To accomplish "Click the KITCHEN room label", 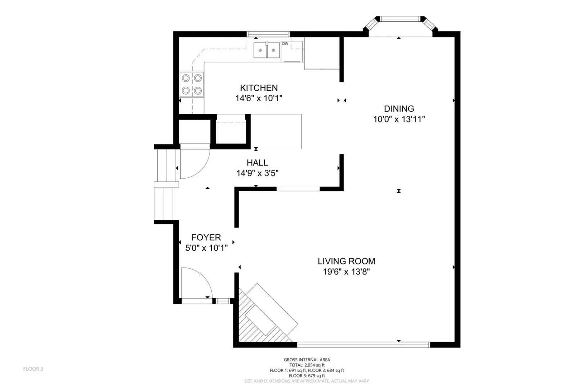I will pos(259,88).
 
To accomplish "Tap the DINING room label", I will pos(399,109).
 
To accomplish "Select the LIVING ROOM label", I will pos(346,261).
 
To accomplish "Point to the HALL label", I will pos(257,163).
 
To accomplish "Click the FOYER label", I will pos(206,237).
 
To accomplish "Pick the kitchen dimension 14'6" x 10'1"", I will pos(259,98).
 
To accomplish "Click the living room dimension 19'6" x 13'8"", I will pos(346,272).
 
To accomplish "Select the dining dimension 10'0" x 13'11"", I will pos(399,119).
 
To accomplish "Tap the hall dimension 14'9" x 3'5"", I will pos(257,173).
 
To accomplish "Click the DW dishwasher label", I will pos(285,44).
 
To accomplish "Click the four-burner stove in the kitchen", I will pos(192,84).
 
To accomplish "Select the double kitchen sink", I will pos(267,50).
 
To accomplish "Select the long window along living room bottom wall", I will pos(364,345).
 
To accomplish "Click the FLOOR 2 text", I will pos(33,369).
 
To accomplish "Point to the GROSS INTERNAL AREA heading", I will pos(307,360).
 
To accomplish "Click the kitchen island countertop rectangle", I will pos(276,131).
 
